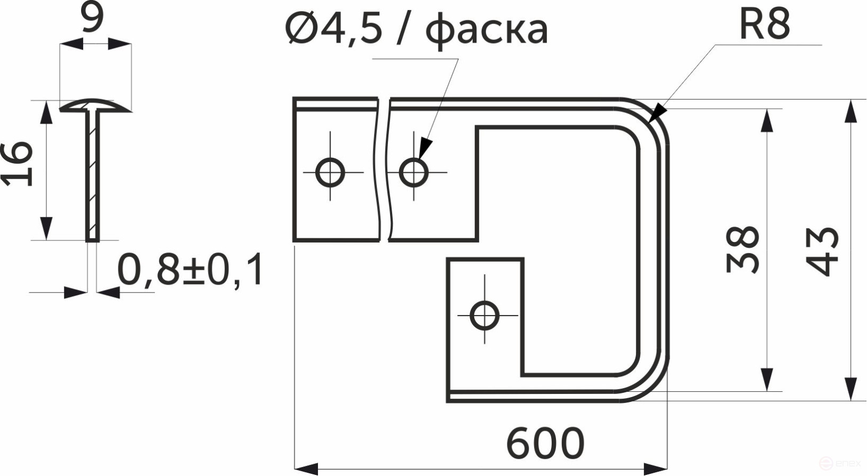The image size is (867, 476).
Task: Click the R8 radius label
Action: pos(764,25)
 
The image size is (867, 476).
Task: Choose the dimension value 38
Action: pos(742,250)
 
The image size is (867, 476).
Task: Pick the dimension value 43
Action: pos(822,252)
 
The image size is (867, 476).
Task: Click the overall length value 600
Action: pos(545,443)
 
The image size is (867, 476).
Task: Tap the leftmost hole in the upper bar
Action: pos(330,173)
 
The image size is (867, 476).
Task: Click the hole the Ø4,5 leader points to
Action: pos(414,172)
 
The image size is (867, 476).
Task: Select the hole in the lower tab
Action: pos(484,316)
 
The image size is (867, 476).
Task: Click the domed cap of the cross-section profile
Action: pos(95,105)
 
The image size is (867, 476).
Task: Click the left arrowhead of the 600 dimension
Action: pos(306,469)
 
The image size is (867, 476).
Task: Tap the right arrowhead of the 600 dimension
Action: pos(656,469)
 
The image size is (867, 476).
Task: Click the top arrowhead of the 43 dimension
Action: pos(850,111)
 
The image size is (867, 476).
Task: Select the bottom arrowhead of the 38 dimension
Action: pos(767,380)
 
